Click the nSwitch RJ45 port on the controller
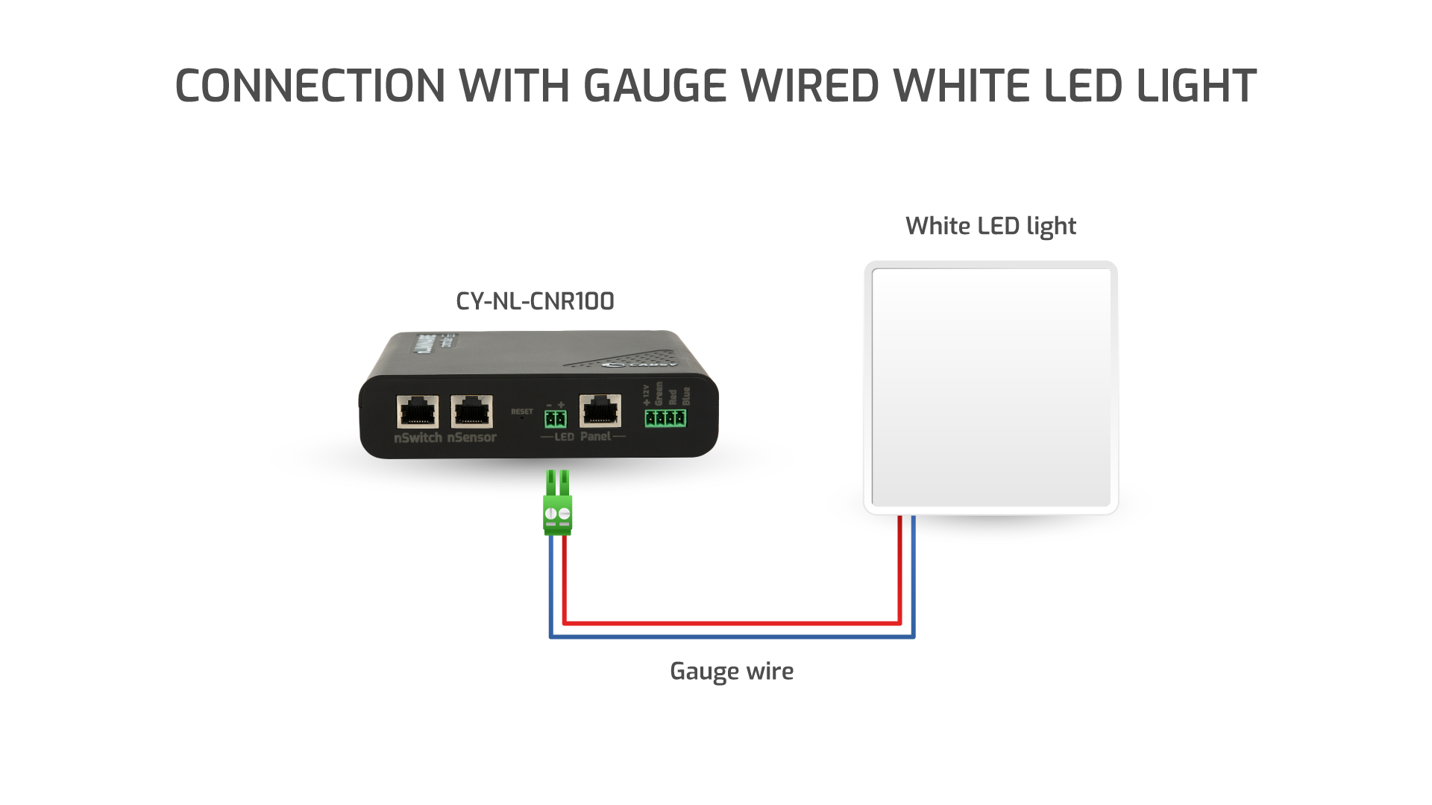click(x=418, y=411)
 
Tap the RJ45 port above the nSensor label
click(x=472, y=411)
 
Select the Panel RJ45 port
click(x=600, y=411)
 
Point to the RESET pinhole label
click(x=522, y=411)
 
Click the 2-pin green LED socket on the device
click(x=555, y=418)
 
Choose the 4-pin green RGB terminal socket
click(x=665, y=418)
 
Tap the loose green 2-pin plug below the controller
click(x=558, y=507)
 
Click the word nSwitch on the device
click(x=418, y=438)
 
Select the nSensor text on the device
click(x=471, y=438)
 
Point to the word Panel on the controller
click(x=595, y=436)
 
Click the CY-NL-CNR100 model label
click(x=535, y=301)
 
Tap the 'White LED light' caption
click(x=990, y=226)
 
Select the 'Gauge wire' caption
click(x=732, y=671)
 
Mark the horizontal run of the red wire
click(x=731, y=622)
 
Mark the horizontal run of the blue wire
click(x=731, y=637)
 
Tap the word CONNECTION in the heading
click(x=310, y=86)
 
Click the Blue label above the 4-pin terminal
click(x=686, y=396)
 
